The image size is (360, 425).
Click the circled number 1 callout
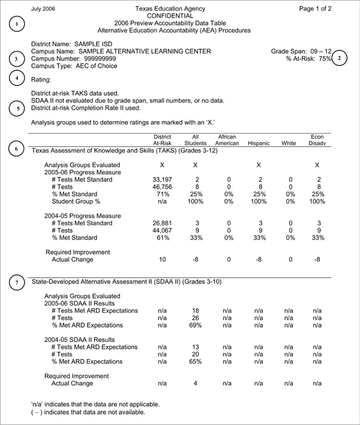[19, 24]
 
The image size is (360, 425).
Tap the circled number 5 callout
[19, 109]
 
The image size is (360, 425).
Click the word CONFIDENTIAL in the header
[173, 16]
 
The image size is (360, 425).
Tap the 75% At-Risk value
[325, 59]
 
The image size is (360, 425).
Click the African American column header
[227, 140]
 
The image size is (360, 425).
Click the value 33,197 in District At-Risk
[163, 179]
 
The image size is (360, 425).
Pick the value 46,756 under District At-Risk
[163, 187]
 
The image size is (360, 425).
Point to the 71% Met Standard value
[163, 195]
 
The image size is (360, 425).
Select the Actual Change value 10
[163, 260]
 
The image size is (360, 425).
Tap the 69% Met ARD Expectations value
[196, 325]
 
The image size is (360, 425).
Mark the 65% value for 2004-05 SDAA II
[196, 362]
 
